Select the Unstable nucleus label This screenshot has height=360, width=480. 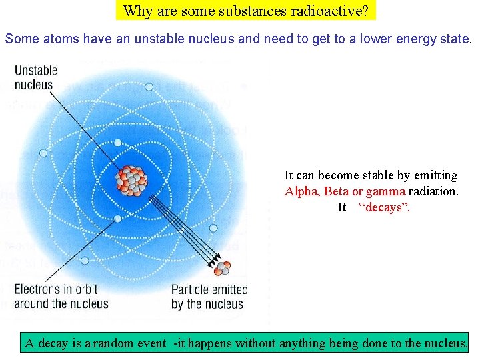point(36,77)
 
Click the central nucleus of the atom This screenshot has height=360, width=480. point(131,180)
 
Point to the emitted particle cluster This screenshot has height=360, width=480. point(222,268)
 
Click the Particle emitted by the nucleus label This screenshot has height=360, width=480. point(209,297)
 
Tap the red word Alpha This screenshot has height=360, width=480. point(302,191)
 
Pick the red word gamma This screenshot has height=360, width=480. point(385,191)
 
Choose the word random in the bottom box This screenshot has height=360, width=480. point(114,344)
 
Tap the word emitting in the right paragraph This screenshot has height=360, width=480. point(435,175)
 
